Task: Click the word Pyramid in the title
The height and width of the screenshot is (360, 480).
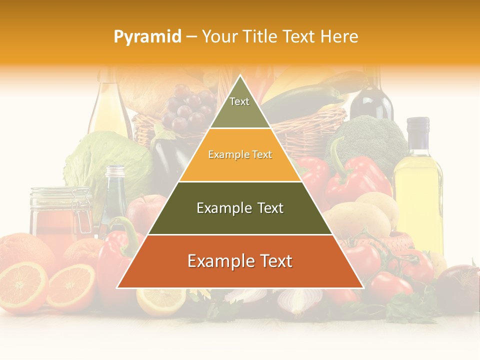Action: (x=147, y=36)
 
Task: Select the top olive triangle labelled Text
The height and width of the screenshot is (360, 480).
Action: (x=239, y=108)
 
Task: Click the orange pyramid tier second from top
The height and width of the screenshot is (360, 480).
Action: (x=240, y=155)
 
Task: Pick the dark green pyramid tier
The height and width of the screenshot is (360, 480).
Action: (x=240, y=208)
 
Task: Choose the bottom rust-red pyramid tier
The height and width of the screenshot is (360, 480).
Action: (x=240, y=261)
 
